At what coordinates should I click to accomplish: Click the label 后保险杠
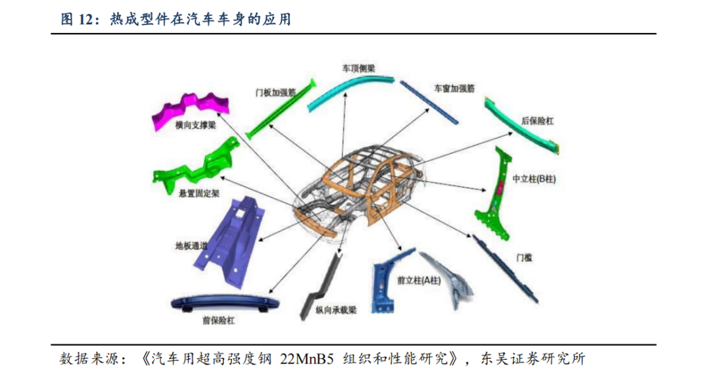537,121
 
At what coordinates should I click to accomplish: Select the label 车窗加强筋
454,87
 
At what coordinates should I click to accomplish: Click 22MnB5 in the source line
308,359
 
